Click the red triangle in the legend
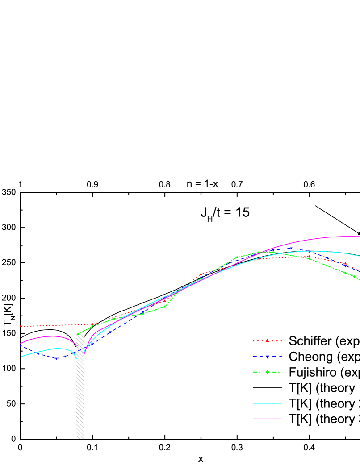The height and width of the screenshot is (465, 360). click(267, 341)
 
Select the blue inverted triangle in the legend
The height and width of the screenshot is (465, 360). click(267, 357)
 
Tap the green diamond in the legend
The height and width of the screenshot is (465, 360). click(267, 372)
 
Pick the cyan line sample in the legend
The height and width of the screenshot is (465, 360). click(267, 403)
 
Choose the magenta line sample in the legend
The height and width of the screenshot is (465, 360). click(267, 419)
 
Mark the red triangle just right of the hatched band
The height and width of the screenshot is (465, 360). click(92, 324)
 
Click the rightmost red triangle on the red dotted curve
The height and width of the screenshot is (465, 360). click(345, 264)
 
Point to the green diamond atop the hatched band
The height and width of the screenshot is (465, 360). click(78, 334)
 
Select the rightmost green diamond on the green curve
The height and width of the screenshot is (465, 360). click(354, 277)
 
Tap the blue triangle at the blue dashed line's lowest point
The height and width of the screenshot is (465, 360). click(57, 358)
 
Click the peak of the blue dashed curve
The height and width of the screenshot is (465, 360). click(291, 248)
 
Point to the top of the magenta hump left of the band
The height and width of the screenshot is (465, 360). click(53, 336)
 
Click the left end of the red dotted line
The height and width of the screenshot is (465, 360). click(21, 326)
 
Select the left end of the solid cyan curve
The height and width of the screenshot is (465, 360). click(21, 357)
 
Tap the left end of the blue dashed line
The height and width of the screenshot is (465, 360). click(21, 345)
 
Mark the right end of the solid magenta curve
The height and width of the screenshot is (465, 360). click(359, 237)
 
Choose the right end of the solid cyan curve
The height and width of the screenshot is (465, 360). click(359, 256)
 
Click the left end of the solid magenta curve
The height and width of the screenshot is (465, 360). click(21, 343)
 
